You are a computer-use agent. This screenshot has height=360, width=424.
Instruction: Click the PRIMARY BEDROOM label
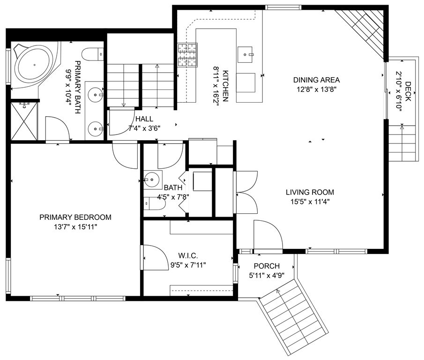pyautogui.click(x=75, y=217)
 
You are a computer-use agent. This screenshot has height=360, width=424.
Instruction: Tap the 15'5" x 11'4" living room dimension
pyautogui.click(x=310, y=202)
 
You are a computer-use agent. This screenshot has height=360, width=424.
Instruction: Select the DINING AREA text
pyautogui.click(x=316, y=80)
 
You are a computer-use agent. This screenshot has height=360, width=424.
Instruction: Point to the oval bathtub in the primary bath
pyautogui.click(x=34, y=65)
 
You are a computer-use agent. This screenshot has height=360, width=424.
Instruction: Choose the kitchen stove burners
pyautogui.click(x=187, y=55)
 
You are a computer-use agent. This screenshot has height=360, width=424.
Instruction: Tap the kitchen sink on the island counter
pyautogui.click(x=246, y=54)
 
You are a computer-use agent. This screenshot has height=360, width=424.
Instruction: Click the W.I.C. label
pyautogui.click(x=188, y=255)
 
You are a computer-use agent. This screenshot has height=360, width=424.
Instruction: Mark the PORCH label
pyautogui.click(x=267, y=266)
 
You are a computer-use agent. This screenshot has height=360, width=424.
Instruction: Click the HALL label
pyautogui.click(x=144, y=119)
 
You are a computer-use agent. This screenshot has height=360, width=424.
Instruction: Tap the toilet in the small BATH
pyautogui.click(x=154, y=203)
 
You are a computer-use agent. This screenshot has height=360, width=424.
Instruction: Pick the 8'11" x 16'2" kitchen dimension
pyautogui.click(x=216, y=86)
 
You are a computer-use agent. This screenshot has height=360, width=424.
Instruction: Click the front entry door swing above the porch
pyautogui.click(x=268, y=235)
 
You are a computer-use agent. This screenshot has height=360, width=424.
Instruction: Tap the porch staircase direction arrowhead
pyautogui.click(x=277, y=291)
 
